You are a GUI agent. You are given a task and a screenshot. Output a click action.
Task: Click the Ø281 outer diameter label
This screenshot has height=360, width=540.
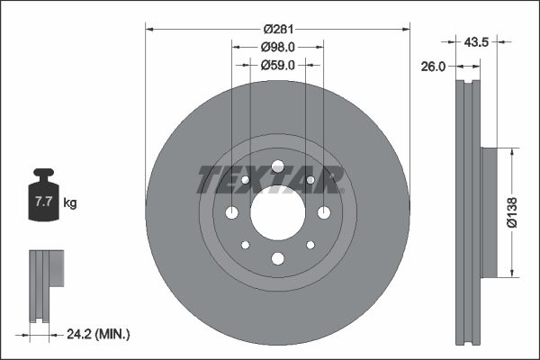277,29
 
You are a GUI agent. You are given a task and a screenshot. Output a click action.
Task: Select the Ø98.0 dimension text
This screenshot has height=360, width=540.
278,47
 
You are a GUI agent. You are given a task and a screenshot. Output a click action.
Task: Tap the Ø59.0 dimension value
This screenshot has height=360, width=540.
278,65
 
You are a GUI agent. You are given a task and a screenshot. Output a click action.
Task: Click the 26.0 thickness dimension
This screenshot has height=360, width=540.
436,65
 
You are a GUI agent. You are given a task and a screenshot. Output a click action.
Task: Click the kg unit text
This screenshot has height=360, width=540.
70,203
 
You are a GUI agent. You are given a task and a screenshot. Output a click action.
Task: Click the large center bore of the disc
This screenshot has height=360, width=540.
277,212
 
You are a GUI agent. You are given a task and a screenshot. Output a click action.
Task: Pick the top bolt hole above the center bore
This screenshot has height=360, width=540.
277,166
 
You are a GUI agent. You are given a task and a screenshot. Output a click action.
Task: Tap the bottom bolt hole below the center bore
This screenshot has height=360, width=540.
277,259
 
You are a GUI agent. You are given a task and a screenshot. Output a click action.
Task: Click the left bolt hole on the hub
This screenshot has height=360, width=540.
231,212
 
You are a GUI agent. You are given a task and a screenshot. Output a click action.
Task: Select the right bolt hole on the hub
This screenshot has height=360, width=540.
324,212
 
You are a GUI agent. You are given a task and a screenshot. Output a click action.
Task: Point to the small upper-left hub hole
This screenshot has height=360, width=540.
245,180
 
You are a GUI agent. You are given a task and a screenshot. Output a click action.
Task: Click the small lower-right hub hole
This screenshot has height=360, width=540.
310,245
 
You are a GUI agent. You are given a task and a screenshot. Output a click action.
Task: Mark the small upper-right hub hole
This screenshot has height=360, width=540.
310,180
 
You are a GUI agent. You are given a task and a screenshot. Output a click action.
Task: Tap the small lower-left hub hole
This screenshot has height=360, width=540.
245,245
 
